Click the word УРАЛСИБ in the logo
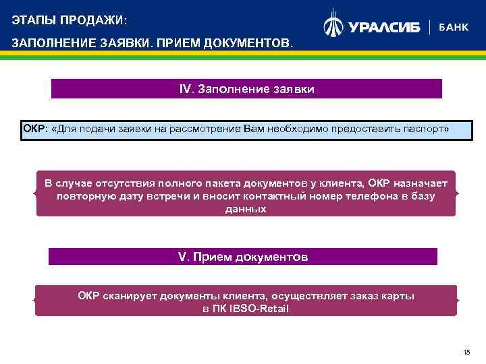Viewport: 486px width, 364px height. [384, 27]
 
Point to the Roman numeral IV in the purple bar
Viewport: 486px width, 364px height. [186, 89]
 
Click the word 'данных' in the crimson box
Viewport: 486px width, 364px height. [245, 209]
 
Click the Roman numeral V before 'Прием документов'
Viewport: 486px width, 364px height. [181, 257]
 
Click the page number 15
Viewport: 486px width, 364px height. [466, 353]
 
